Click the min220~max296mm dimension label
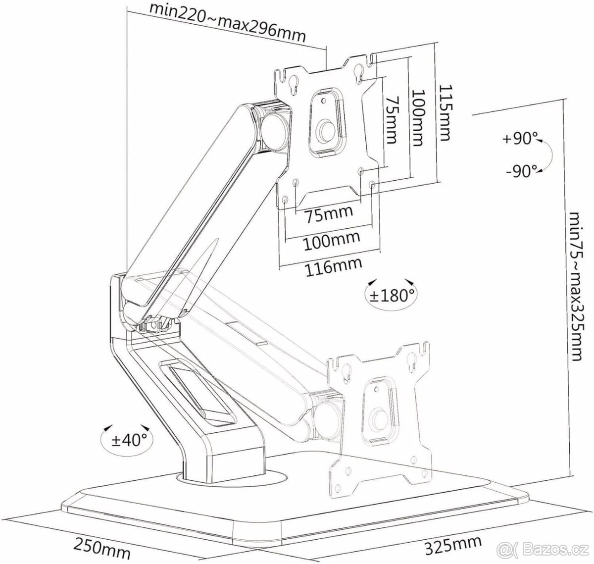(227, 23)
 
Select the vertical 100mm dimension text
(417, 118)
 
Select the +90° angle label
(520, 139)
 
